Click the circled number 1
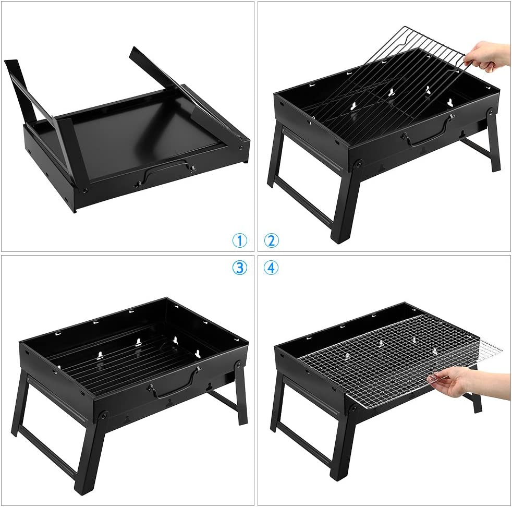(240, 241)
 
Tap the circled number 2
(271, 241)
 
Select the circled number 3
(240, 268)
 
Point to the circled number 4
(271, 268)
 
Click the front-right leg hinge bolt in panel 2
(359, 163)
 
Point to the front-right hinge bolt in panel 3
(104, 416)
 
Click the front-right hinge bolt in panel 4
(352, 408)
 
